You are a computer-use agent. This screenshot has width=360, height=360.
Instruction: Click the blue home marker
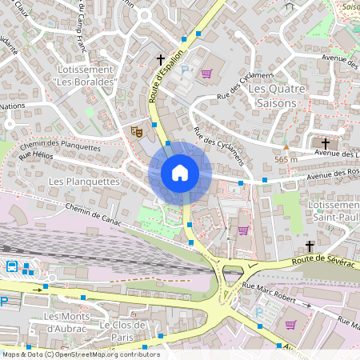coord(180,172)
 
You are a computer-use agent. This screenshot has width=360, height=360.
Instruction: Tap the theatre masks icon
coord(136,129)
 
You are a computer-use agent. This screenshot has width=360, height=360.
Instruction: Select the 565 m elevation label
coord(286,159)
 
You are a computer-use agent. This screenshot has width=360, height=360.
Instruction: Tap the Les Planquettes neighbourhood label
coord(84,182)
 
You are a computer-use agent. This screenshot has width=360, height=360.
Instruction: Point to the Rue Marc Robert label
coord(270,296)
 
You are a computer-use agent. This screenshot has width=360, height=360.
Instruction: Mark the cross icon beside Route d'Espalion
coord(160,60)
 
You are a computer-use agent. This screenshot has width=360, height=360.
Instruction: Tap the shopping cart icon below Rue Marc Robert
coord(290,325)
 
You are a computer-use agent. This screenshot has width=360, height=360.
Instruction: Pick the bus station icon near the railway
coord(12,266)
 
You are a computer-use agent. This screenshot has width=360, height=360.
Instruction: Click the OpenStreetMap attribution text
coord(80,354)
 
